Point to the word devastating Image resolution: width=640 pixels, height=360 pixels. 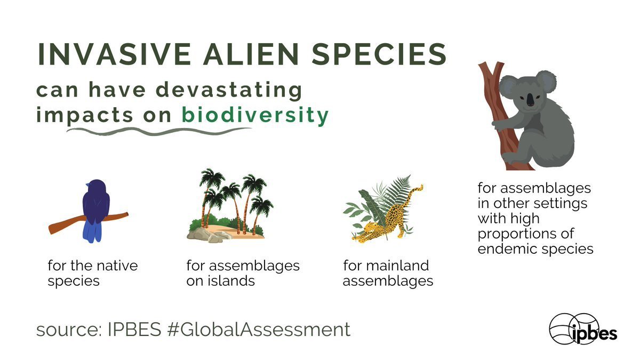230,90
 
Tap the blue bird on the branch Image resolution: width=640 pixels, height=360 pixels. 95,203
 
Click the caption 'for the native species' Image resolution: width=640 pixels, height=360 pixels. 92,273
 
